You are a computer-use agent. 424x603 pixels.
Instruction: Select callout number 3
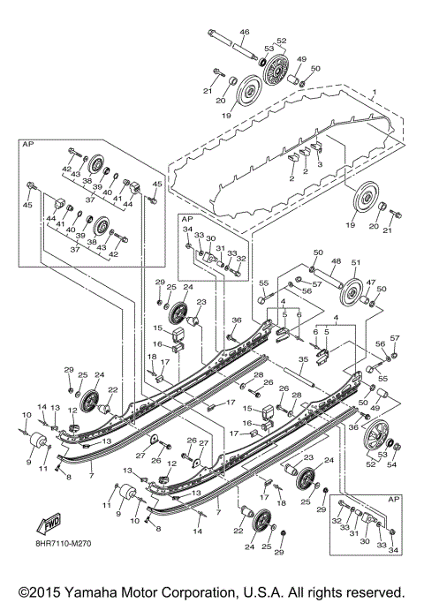point(319,164)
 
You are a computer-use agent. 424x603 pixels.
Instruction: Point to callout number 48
point(336,261)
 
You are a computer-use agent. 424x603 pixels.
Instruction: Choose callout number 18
point(152,358)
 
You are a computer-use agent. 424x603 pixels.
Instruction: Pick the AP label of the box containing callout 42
point(28,141)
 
